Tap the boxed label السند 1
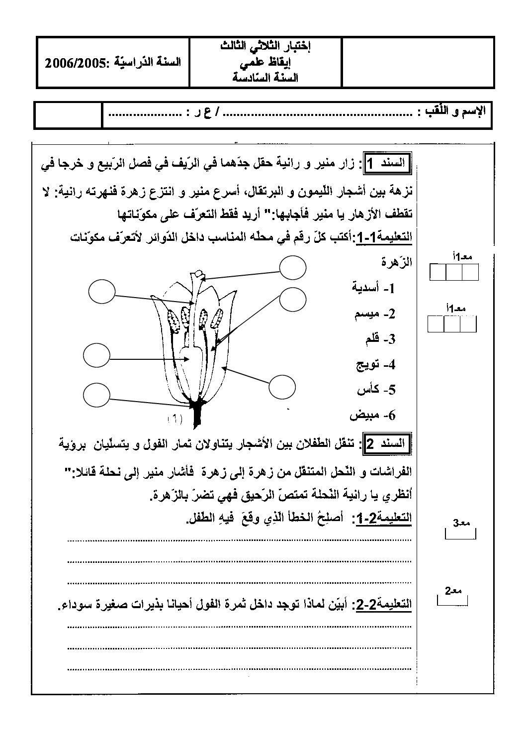[x=386, y=163]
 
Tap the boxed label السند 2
[x=386, y=443]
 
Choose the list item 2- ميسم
[x=375, y=314]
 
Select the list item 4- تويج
[x=375, y=365]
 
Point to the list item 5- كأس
[x=376, y=390]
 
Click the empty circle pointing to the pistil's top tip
[x=293, y=268]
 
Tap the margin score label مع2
[x=453, y=591]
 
